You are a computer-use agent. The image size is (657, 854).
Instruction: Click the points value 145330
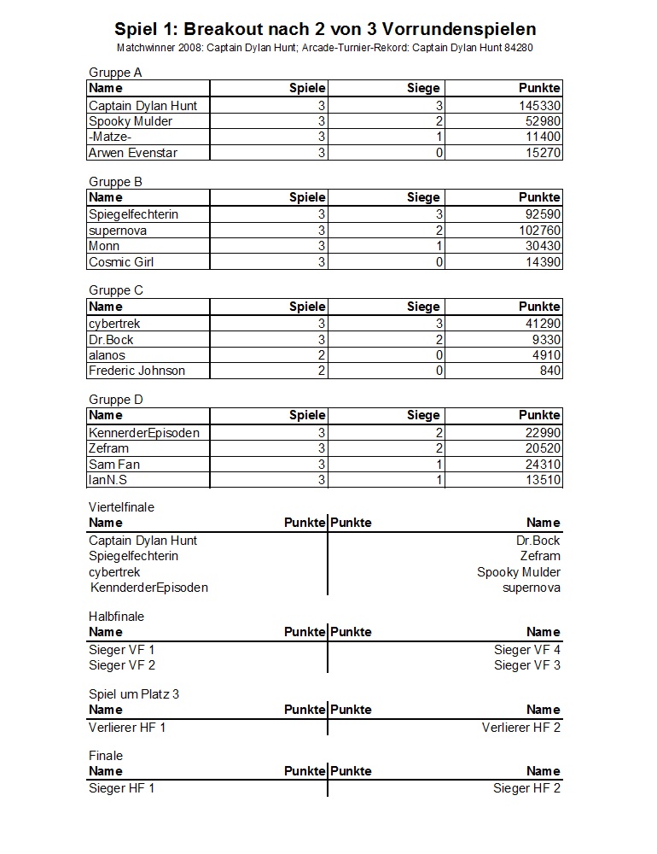tap(539, 105)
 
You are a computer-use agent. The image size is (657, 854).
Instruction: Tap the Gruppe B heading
tap(115, 181)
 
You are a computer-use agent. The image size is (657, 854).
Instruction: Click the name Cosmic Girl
tap(121, 262)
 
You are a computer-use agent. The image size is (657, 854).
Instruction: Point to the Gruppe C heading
tap(116, 290)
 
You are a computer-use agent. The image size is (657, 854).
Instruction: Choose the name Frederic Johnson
tap(137, 371)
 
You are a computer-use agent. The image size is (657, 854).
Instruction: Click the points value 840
tap(549, 371)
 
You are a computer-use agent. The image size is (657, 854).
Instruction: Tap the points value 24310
tap(543, 465)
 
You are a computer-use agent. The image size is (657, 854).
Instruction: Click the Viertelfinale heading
tap(121, 506)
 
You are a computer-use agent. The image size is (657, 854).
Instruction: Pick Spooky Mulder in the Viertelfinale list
tap(519, 572)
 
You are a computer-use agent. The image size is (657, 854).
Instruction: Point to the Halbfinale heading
tap(117, 616)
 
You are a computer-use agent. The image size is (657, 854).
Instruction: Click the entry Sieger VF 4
tap(527, 650)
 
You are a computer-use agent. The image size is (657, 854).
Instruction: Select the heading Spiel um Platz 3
tap(134, 693)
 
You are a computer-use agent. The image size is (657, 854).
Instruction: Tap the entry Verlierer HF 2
tap(521, 728)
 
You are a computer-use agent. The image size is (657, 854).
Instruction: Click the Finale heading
tap(106, 755)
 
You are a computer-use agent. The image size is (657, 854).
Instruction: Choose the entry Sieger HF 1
tap(122, 788)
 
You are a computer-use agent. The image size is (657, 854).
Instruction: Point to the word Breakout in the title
tap(221, 29)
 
